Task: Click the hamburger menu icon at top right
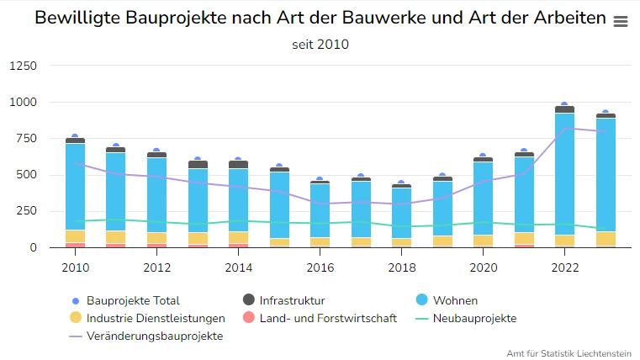(621, 22)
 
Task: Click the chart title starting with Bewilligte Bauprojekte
(320, 19)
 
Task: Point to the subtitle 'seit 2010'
(320, 45)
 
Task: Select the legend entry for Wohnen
(455, 300)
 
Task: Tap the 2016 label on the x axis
(320, 268)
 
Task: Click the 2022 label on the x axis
(564, 268)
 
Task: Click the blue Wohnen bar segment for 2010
(76, 185)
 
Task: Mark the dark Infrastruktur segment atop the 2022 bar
(564, 109)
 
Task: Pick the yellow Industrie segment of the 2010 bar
(76, 236)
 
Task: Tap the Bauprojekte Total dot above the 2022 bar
(564, 104)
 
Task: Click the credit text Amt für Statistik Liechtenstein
(571, 352)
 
